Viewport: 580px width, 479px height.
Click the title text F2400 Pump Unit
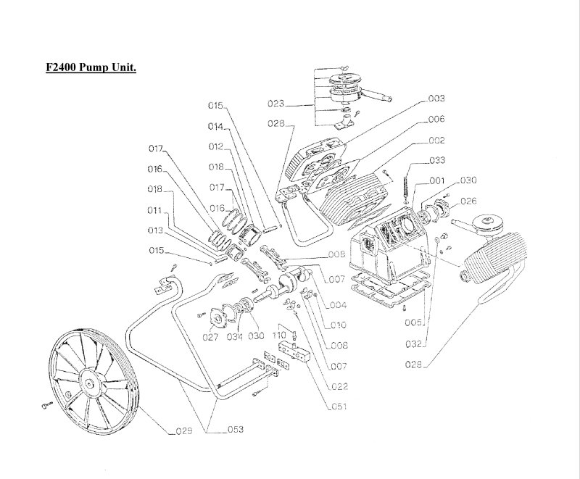[91, 67]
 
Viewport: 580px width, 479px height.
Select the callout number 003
[457, 98]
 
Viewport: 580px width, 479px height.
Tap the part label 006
[457, 119]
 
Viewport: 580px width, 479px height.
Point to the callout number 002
[457, 140]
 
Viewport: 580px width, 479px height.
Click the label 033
[458, 160]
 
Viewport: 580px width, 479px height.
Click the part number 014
[215, 126]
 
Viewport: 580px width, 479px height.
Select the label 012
[215, 146]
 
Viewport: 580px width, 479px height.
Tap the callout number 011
[154, 211]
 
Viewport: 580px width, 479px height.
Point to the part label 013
[154, 230]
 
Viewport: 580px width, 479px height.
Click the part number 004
[339, 304]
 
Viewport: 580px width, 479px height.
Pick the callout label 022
[339, 386]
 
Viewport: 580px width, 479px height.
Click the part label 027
[210, 336]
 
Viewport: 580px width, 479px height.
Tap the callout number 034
[233, 336]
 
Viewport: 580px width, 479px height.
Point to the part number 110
[279, 336]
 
